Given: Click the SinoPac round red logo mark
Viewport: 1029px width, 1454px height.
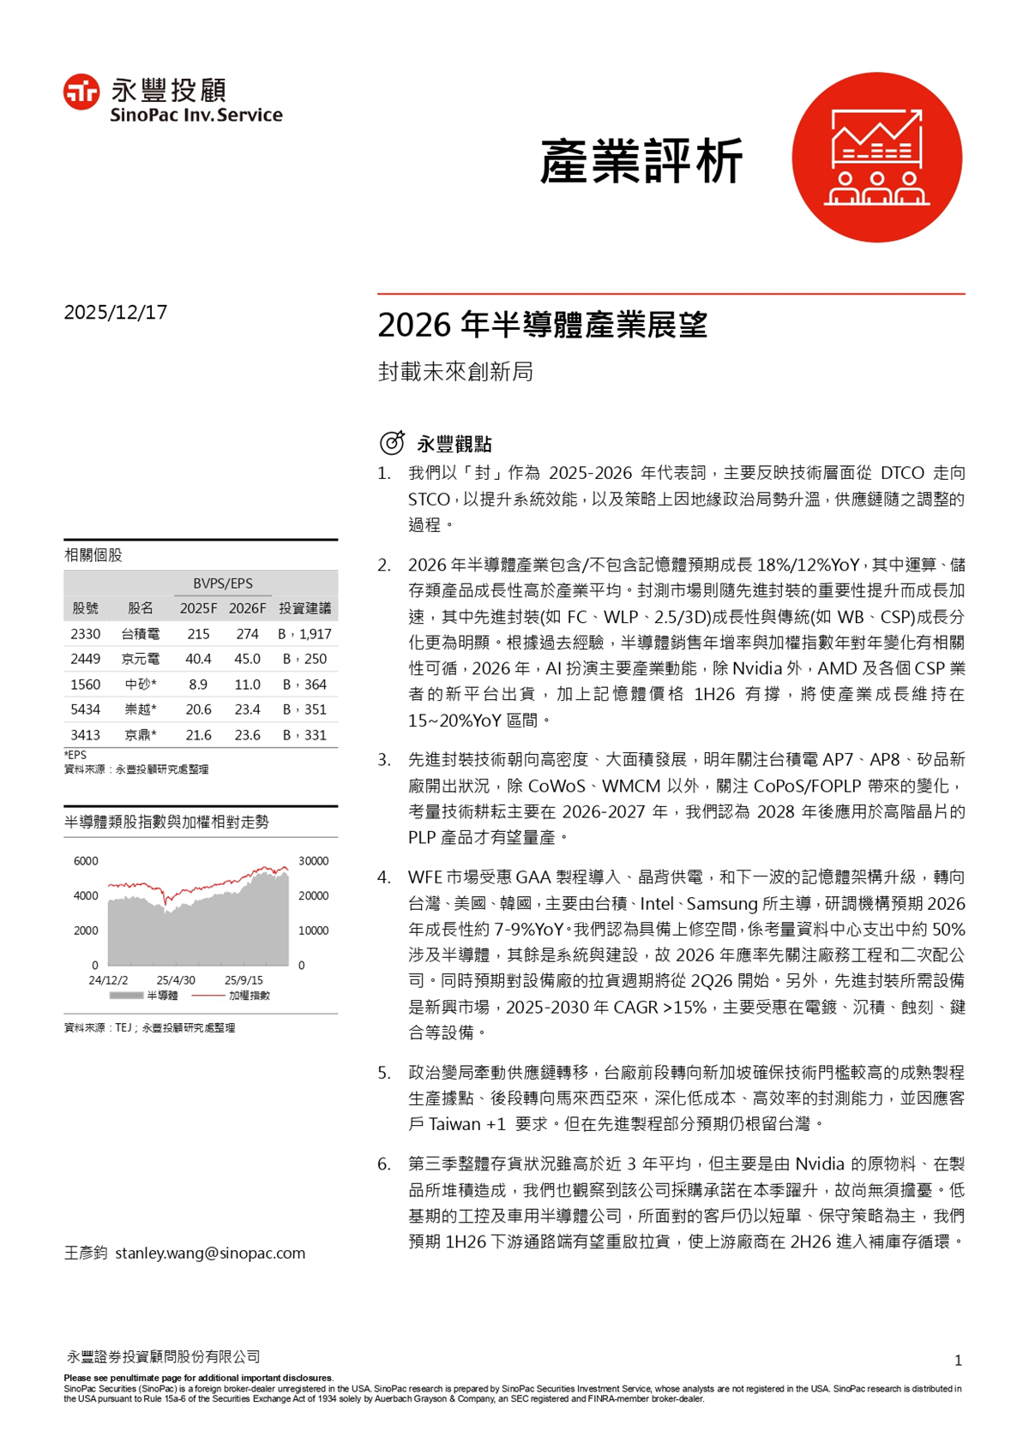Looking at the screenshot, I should [81, 93].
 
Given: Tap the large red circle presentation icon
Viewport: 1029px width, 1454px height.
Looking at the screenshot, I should [876, 158].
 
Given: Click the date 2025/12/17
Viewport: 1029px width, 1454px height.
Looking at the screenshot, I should [116, 312].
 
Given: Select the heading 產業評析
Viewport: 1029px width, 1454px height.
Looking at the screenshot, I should [641, 161].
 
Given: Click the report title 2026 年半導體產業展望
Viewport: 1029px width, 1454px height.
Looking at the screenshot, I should [542, 326].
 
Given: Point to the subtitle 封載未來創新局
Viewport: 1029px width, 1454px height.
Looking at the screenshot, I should [455, 372].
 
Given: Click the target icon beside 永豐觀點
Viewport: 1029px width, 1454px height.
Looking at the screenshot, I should [392, 443].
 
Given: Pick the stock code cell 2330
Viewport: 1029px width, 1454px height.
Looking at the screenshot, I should [86, 634].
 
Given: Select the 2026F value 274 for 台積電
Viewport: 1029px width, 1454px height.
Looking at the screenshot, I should [247, 634].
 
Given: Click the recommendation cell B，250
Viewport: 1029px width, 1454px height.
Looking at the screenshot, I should [304, 659].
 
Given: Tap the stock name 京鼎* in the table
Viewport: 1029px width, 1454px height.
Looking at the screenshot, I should [141, 735].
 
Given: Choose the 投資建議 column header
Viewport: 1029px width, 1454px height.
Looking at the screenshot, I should [304, 608].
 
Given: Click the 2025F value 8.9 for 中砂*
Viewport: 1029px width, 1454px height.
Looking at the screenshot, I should [198, 685].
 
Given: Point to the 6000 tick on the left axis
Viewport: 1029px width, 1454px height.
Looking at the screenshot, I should [86, 861].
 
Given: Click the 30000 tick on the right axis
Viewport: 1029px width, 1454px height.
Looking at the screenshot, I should [313, 861].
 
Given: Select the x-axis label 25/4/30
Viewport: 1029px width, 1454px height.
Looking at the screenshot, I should [176, 980].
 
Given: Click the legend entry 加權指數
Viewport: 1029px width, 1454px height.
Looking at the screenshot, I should [249, 996].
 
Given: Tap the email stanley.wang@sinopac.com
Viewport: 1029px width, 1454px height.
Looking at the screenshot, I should [210, 1253].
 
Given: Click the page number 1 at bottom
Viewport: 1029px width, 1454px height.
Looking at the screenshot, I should [958, 1360].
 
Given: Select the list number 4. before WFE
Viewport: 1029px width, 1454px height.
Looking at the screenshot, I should [384, 877].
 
